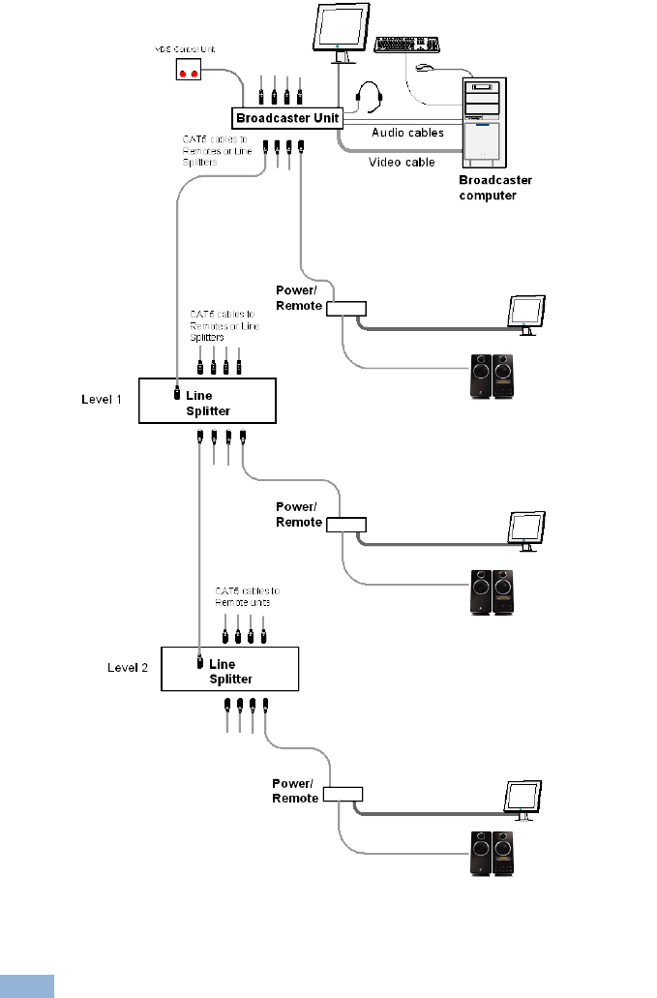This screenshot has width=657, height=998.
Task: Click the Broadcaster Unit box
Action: [x=287, y=118]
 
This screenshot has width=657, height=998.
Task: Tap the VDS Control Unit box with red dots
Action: [x=190, y=72]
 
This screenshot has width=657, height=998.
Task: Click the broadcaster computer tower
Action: [x=493, y=120]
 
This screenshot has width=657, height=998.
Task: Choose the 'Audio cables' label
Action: [x=407, y=133]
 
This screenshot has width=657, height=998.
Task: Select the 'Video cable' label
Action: [x=402, y=163]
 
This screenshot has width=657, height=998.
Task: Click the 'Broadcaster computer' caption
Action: [x=495, y=188]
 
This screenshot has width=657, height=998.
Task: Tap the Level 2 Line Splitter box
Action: [x=230, y=669]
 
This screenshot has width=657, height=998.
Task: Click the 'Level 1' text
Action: [x=103, y=399]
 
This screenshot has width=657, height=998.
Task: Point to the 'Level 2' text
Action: [x=126, y=667]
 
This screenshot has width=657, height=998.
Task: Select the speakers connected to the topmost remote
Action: [x=493, y=377]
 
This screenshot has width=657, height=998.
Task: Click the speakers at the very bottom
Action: [x=493, y=852]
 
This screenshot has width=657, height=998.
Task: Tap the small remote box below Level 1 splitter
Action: [x=346, y=525]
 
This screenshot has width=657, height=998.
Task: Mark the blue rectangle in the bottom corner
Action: [x=26, y=985]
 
